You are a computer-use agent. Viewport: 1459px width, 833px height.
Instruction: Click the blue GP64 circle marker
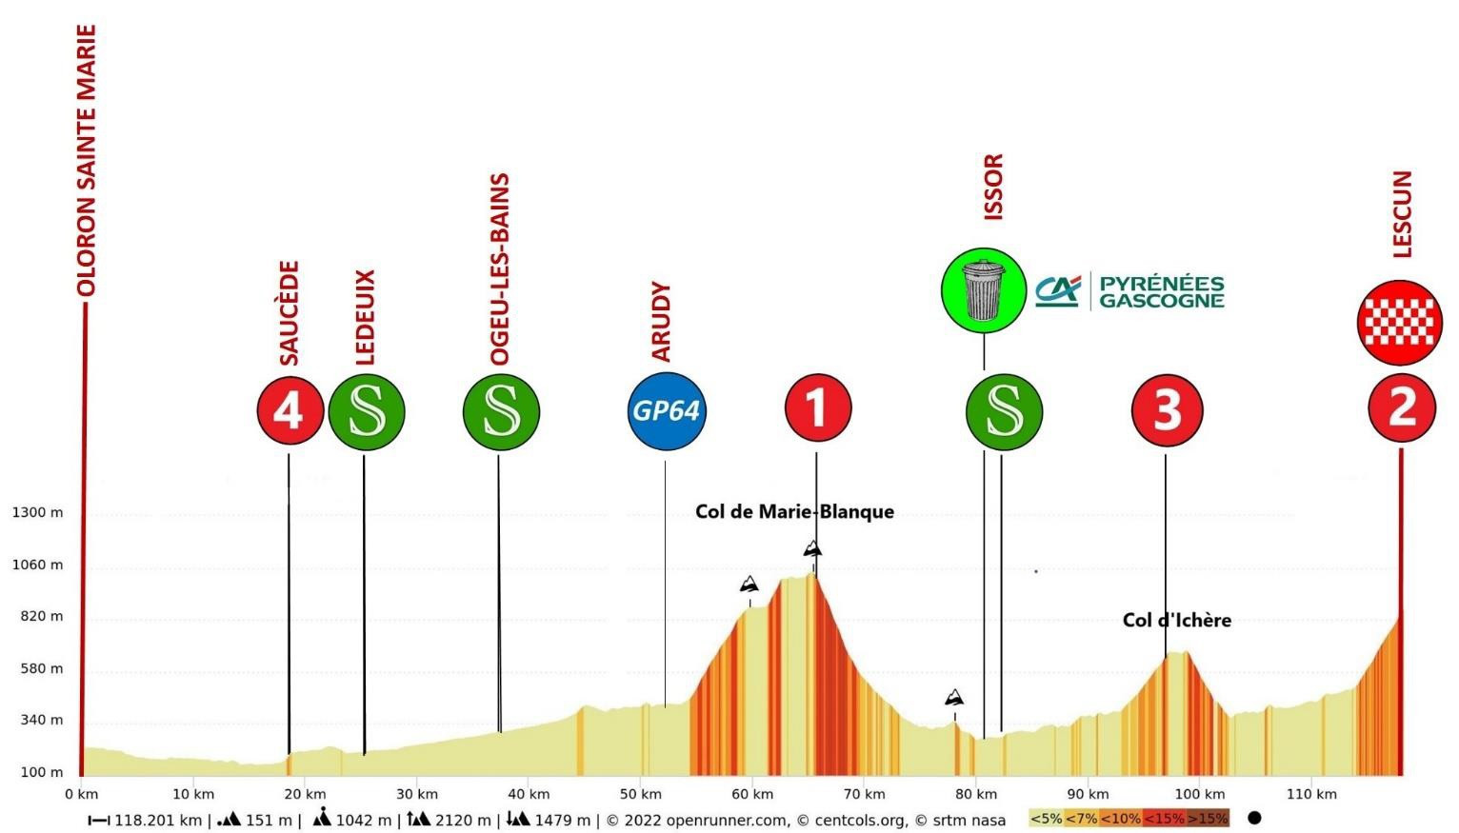point(667,411)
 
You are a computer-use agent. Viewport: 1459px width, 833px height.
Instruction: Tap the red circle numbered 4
point(289,411)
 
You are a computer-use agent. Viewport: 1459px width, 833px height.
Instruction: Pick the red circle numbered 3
point(1167,410)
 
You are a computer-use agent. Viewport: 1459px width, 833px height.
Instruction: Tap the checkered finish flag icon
point(1399,323)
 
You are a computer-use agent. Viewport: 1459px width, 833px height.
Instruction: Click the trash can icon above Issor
point(983,290)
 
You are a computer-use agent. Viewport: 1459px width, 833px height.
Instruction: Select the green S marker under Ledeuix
point(367,412)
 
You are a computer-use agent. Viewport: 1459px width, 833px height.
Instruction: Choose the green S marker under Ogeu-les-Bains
point(501,412)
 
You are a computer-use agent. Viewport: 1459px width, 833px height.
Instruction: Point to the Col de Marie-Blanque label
point(794,512)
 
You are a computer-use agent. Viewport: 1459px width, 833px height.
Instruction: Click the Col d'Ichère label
point(1176,621)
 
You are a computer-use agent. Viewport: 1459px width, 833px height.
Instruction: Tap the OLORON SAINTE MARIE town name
point(87,161)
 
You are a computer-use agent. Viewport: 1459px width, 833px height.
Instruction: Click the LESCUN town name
point(1402,214)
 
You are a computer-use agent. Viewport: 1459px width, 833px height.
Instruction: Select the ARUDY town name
point(661,322)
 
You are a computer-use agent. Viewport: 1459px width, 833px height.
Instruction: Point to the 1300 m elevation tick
point(37,513)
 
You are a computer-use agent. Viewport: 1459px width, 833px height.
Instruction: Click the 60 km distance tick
point(750,794)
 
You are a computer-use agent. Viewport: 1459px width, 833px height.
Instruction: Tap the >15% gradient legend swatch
point(1208,819)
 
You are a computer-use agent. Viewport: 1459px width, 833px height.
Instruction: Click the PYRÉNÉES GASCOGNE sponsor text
point(1161,291)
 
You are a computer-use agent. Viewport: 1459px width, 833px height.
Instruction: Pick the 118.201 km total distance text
point(157,820)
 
